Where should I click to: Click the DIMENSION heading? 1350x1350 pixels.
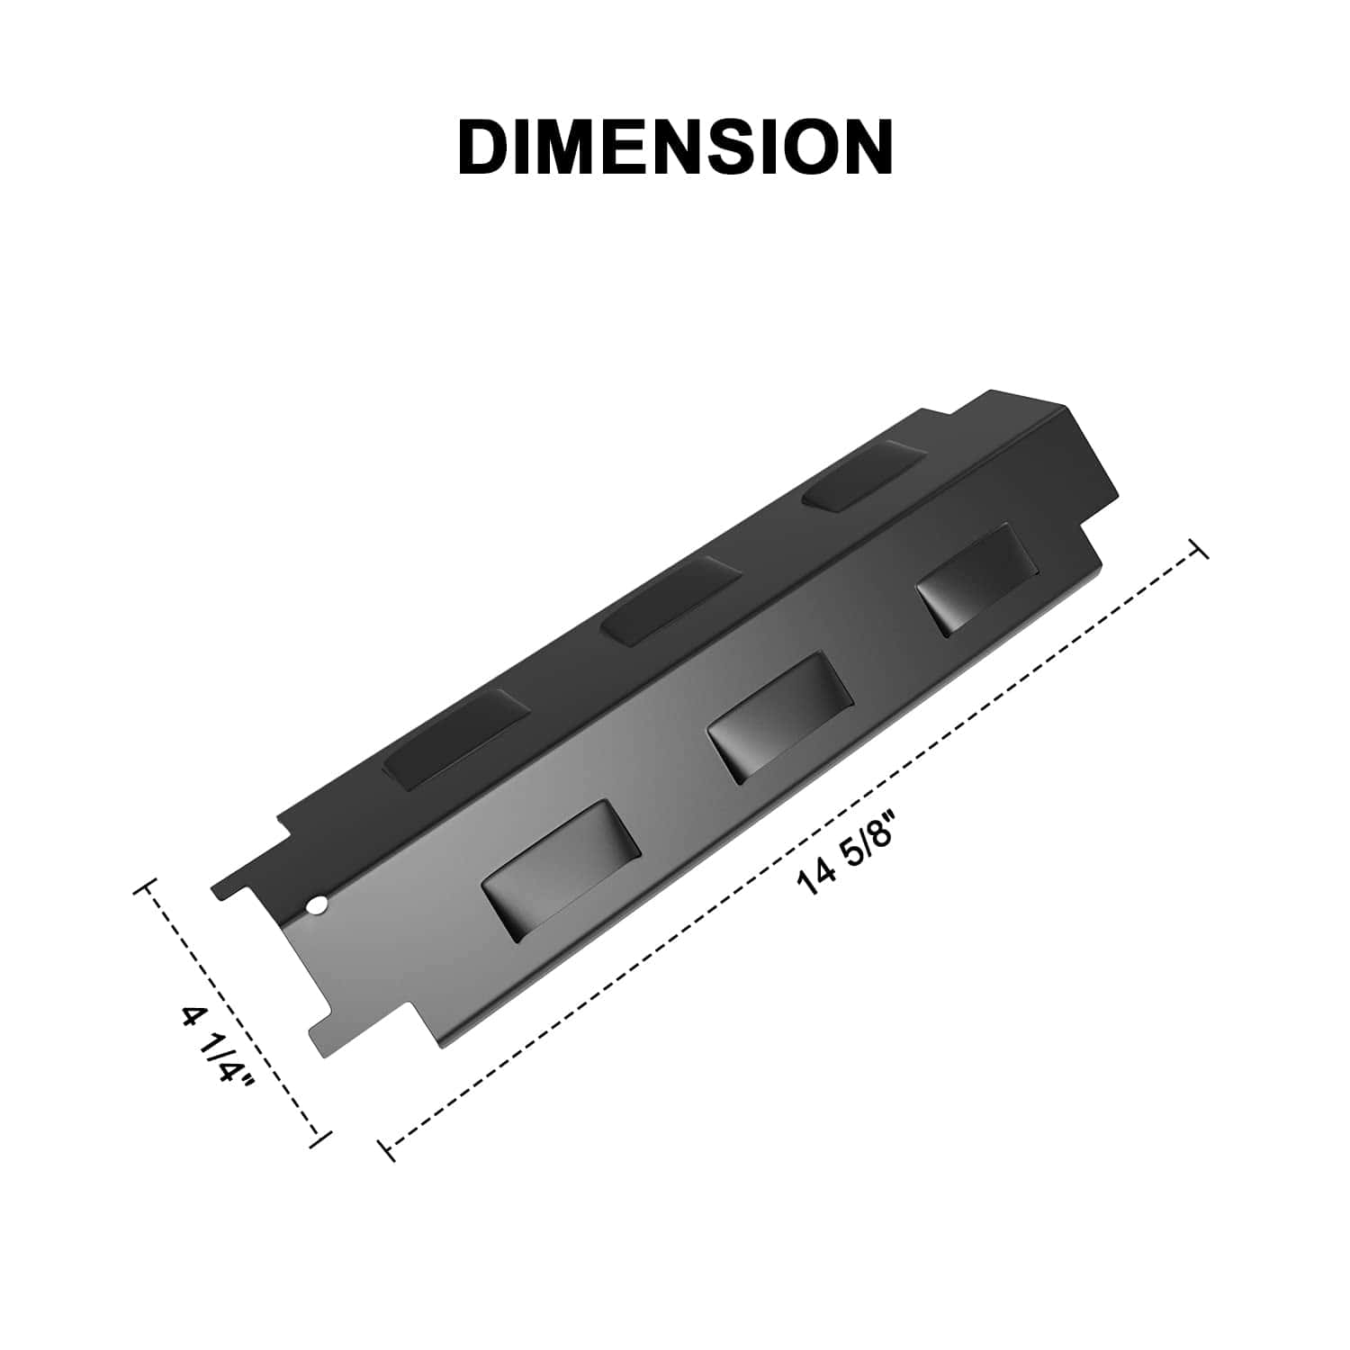[675, 146]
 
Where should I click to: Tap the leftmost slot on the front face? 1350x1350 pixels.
[561, 872]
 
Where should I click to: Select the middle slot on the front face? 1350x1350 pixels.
[779, 716]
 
